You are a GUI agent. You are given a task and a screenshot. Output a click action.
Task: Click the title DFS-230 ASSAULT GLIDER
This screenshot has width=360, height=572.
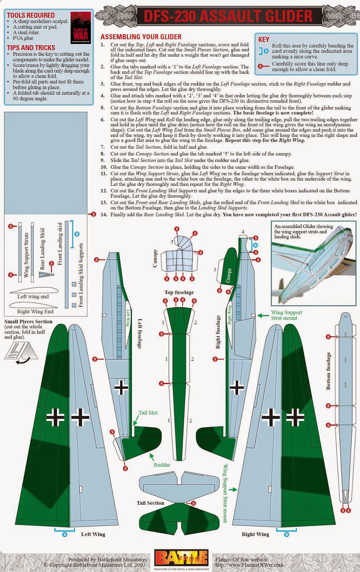[228, 16]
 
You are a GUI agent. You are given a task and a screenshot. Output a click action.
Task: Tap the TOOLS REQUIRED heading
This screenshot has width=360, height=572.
[31, 15]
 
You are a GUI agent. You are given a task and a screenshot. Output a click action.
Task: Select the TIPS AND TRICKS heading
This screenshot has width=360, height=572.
[31, 48]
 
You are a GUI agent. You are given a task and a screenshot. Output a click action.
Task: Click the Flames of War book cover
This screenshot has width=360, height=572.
[80, 28]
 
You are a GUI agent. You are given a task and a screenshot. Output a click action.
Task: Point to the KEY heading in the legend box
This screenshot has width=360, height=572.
[264, 39]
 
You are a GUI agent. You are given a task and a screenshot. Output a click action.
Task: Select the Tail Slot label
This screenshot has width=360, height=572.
[148, 413]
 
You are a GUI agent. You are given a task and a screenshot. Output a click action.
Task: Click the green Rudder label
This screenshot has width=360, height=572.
[162, 465]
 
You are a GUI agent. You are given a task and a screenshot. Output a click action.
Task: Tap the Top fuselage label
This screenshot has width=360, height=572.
[179, 292]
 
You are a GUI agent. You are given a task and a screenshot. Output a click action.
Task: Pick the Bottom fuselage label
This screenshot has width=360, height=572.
[329, 371]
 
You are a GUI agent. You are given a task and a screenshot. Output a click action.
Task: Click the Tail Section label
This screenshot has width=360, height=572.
[150, 503]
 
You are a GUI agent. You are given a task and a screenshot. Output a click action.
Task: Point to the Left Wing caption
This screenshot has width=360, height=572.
[93, 534]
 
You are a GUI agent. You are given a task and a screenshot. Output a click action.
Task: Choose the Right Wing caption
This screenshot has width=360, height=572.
[255, 534]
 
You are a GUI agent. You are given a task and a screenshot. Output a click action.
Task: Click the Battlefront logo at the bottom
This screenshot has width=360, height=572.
[181, 558]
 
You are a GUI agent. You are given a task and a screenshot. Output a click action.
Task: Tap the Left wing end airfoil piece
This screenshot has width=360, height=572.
[33, 290]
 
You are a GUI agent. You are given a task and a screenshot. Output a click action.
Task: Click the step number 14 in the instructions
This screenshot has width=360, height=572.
[104, 214]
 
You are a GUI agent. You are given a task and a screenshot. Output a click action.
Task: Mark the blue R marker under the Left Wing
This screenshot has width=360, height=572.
[65, 534]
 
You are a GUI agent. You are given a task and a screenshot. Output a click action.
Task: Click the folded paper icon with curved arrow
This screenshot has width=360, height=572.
[20, 351]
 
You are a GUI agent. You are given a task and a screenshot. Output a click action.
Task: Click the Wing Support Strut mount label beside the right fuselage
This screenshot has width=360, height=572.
[286, 315]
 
